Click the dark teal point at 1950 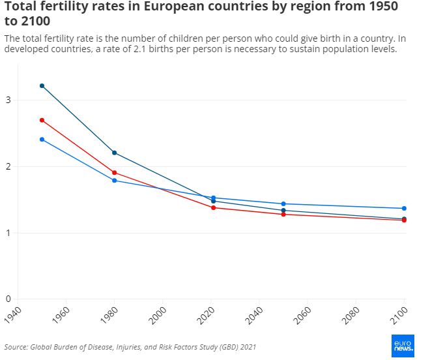coord(42,86)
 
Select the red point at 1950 coord(42,120)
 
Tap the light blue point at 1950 coord(42,140)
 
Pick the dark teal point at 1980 coord(115,153)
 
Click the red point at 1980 coord(115,173)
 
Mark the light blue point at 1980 coord(115,181)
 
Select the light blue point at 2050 coord(283,204)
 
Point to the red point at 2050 coord(283,215)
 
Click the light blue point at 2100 coord(404,209)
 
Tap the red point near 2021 coord(214,207)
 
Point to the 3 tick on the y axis coord(8,100)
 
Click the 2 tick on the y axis coord(8,166)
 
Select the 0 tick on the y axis coord(8,299)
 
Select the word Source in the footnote coord(16,346)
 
